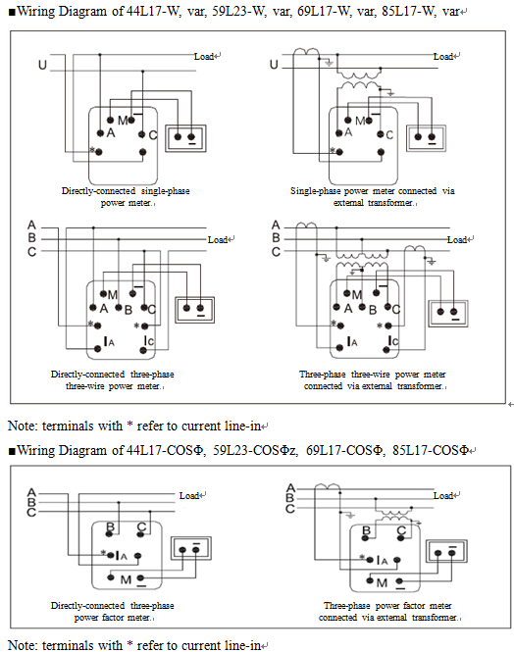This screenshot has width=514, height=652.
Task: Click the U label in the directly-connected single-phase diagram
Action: click(42, 65)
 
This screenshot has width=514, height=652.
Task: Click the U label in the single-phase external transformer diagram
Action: click(274, 65)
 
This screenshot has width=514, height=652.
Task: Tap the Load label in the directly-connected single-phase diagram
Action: click(204, 56)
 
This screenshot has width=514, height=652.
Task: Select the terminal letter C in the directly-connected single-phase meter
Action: click(153, 135)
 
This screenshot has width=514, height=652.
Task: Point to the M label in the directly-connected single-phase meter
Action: click(123, 121)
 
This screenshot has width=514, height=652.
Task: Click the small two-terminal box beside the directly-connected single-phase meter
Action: click(185, 138)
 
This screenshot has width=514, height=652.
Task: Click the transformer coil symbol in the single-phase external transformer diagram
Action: click(358, 80)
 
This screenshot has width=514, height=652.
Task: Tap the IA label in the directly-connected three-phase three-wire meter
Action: click(109, 342)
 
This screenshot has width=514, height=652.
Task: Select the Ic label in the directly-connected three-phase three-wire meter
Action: click(149, 341)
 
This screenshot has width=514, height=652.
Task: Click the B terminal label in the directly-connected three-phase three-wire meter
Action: click(128, 310)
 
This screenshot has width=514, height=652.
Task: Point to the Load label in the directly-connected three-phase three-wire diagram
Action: click(218, 239)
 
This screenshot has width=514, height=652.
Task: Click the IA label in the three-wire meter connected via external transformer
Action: click(352, 342)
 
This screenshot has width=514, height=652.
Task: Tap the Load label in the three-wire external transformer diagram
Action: click(457, 239)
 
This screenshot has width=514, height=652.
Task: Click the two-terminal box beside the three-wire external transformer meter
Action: click(448, 313)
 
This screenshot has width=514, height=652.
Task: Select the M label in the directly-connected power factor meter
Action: click(126, 579)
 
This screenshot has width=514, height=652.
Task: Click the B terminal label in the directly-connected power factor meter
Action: click(110, 527)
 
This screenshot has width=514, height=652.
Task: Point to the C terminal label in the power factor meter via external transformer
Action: click(401, 530)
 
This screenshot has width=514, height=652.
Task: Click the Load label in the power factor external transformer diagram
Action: click(443, 496)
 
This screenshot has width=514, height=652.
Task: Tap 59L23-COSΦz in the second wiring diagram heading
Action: click(255, 450)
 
